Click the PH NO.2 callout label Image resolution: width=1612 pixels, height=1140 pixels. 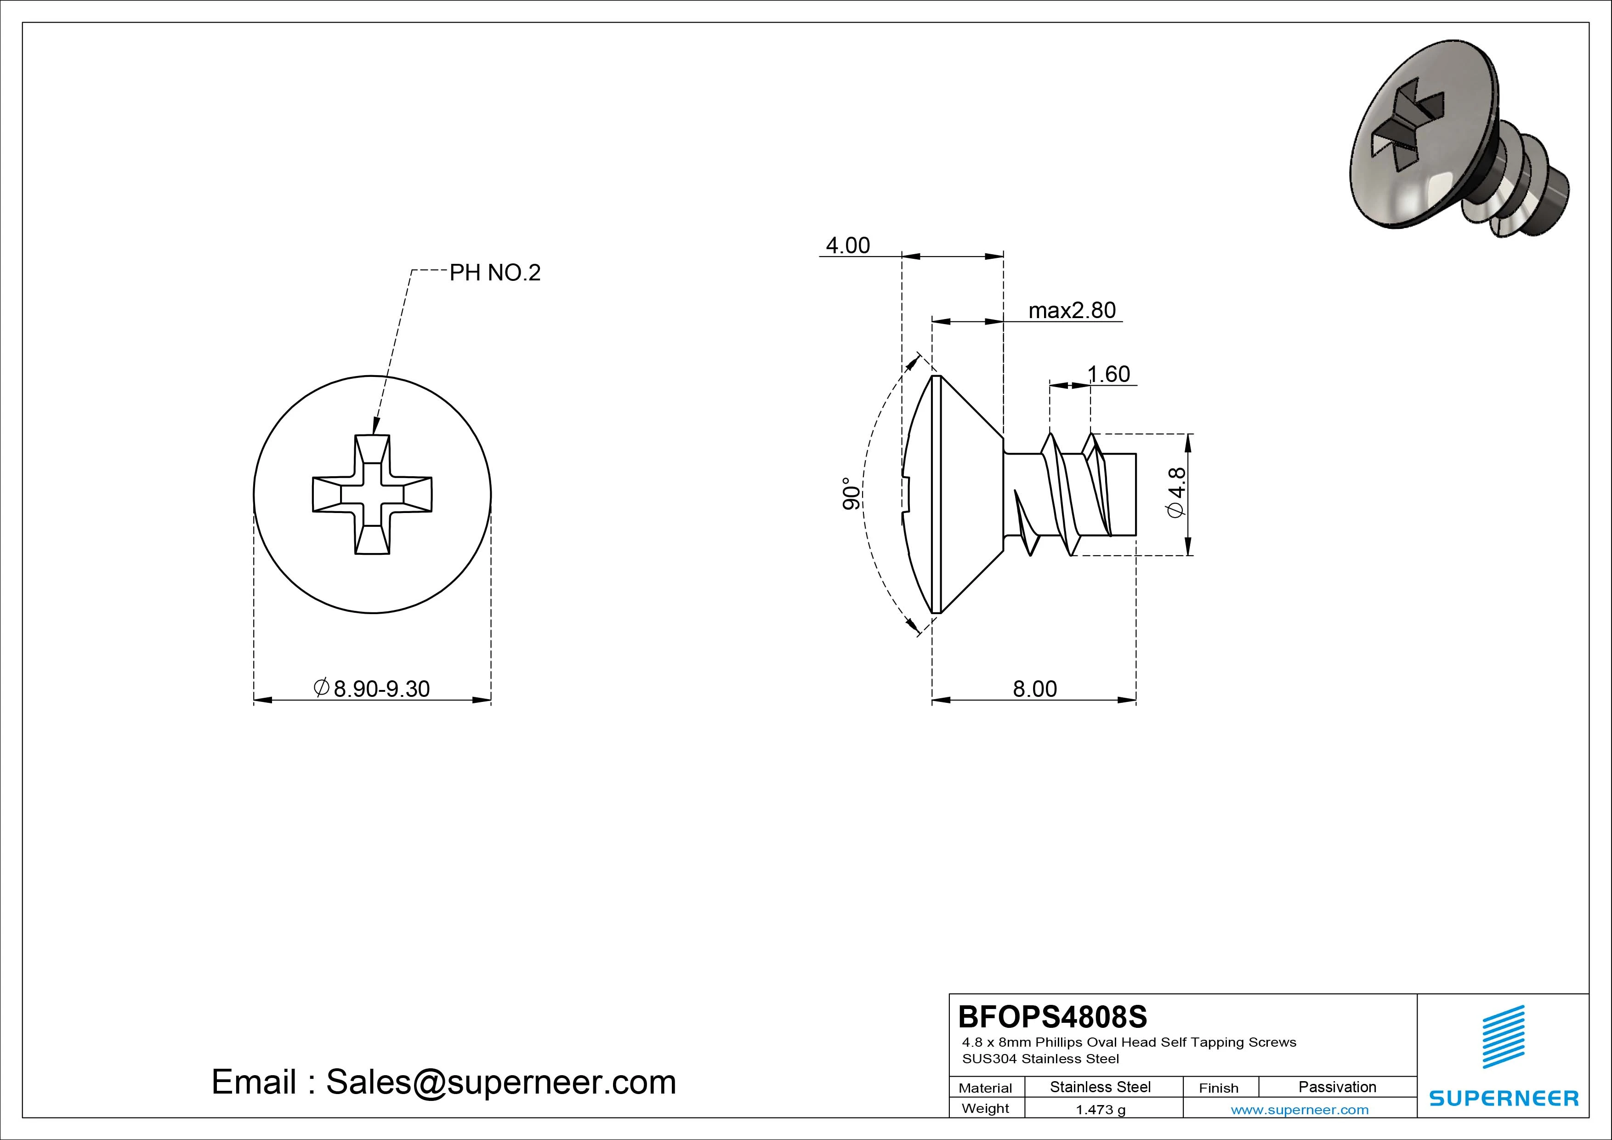(x=495, y=273)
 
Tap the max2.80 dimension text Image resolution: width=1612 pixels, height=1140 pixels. (x=1072, y=310)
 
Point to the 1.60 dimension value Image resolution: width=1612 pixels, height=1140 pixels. (x=1109, y=374)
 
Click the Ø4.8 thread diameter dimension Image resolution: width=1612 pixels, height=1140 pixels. (x=1176, y=493)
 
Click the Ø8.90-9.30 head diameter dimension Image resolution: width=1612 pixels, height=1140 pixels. (x=372, y=688)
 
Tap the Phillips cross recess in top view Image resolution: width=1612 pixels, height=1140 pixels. (x=372, y=495)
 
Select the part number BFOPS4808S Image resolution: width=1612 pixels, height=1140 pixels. (x=1052, y=1016)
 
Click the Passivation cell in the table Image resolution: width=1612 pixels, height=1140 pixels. (x=1337, y=1087)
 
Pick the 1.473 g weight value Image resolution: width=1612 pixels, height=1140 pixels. (x=1100, y=1110)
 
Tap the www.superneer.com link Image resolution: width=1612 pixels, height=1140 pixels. (x=1300, y=1110)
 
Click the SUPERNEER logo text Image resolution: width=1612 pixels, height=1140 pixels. (x=1504, y=1098)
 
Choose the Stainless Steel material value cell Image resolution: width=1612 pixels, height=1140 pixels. (x=1100, y=1087)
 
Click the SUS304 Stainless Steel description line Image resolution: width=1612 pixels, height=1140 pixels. (x=1040, y=1059)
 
